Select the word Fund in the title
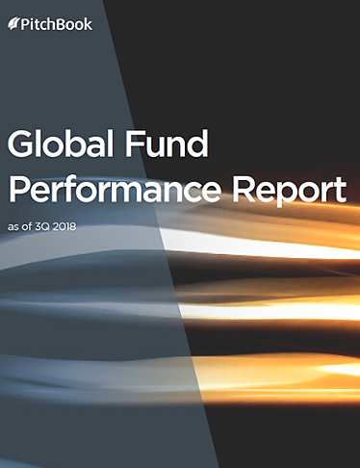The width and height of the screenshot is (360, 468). pos(171,144)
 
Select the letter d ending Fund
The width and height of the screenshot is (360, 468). pos(200,144)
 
